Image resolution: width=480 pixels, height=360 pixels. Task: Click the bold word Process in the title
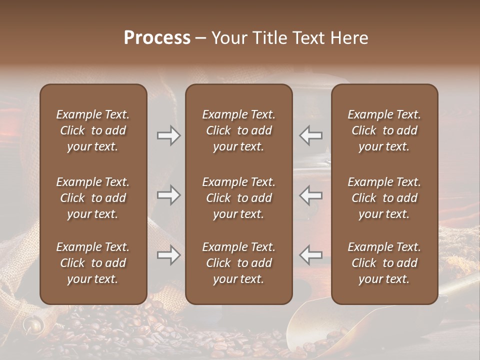point(157,38)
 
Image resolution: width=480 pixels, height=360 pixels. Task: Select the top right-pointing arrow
point(169,135)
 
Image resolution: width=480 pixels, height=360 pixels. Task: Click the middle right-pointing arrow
point(169,195)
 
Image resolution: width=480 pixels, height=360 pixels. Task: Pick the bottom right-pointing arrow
point(169,255)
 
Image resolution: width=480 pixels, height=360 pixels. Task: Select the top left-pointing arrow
point(310,135)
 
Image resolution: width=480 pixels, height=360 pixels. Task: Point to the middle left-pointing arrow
point(310,195)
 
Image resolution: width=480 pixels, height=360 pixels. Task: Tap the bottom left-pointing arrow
point(310,255)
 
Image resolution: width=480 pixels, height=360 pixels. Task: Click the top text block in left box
point(93,130)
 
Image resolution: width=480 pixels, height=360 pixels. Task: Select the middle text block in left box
point(93,198)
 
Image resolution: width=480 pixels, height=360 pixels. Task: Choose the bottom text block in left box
point(93,263)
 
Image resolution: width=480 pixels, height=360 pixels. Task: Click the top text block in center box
point(238,130)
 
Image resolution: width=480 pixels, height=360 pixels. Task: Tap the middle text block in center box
point(238,198)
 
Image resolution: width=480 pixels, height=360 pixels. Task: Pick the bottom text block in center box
point(238,263)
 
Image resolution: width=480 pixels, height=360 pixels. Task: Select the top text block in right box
point(384,130)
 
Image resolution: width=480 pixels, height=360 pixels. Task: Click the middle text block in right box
point(384,198)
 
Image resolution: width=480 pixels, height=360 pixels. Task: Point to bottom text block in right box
point(384,263)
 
